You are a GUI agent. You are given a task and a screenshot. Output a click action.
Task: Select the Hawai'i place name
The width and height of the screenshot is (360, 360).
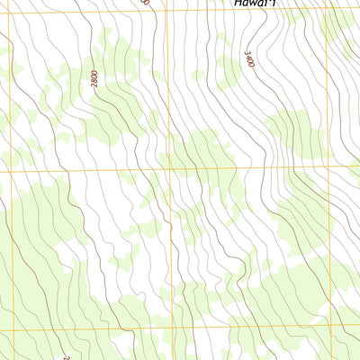(x=254, y=4)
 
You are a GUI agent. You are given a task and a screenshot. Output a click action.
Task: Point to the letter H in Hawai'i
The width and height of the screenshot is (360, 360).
(x=237, y=4)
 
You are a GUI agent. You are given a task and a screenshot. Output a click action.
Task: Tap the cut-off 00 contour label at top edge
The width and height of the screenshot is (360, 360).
(x=144, y=3)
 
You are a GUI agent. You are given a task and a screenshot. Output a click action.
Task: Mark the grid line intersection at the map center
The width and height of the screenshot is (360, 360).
(x=169, y=168)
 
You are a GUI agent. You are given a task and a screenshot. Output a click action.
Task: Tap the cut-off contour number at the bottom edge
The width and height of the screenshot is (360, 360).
(x=67, y=356)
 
